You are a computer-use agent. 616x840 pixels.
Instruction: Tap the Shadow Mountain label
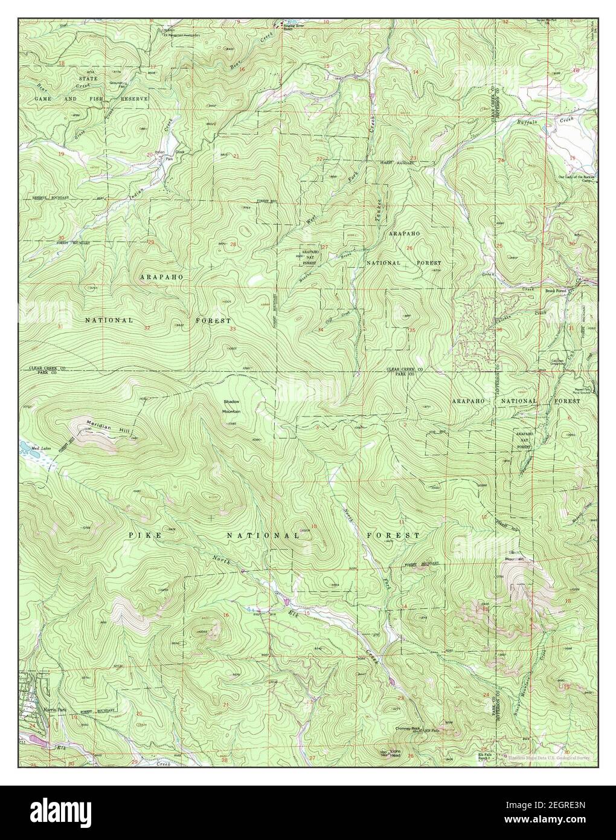pos(232,406)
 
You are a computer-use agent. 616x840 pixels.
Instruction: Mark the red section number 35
pos(412,330)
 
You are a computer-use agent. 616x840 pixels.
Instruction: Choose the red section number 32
pos(147,328)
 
